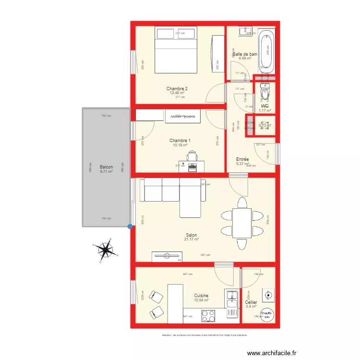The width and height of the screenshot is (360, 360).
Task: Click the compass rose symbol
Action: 105,250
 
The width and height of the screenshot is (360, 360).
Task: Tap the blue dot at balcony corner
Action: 130,227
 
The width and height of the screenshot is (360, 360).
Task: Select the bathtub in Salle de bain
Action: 266,52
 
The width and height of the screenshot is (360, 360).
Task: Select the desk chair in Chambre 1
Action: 192,156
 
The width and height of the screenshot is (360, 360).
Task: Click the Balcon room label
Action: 106,167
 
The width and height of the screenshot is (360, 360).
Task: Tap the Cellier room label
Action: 251,302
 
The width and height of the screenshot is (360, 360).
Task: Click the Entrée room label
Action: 242,159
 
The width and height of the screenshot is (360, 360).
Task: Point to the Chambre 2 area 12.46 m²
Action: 177,93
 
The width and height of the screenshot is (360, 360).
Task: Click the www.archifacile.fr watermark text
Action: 272,353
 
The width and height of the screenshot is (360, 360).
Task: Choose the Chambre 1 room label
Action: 180,141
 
